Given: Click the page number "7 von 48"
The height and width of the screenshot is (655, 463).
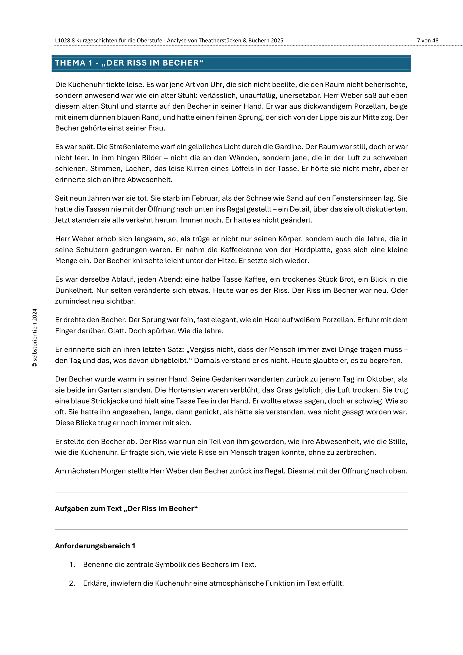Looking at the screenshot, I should click(427, 41).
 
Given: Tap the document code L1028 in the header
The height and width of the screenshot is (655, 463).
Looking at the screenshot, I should click(62, 41).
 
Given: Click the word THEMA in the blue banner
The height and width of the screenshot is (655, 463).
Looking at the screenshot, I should click(70, 63).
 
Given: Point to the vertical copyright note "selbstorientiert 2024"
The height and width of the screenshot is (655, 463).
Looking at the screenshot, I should click(35, 338).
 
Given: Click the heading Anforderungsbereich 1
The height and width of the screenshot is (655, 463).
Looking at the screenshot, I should click(95, 546).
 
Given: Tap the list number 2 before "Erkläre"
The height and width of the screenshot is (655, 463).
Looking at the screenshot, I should click(72, 583).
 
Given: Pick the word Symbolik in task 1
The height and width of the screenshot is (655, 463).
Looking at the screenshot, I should click(169, 565).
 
